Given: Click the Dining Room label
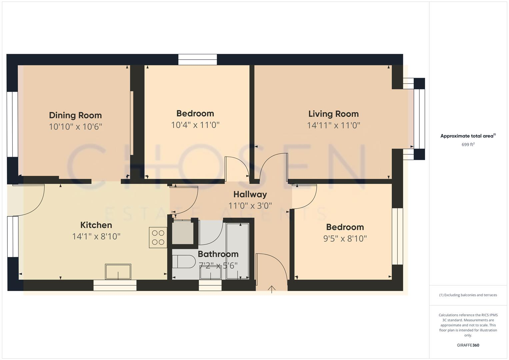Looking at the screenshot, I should [x=75, y=115].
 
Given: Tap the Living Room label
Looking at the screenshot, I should [x=333, y=114].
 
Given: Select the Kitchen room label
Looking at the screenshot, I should [x=96, y=225].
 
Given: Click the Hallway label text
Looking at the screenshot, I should [x=250, y=194].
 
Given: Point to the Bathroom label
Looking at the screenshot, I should [x=218, y=254].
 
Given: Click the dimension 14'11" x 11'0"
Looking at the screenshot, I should [x=333, y=125].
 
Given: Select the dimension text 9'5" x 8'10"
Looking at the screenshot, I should [x=345, y=239].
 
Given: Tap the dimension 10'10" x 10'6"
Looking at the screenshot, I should [x=75, y=127].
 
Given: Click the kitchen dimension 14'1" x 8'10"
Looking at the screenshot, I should [x=96, y=237].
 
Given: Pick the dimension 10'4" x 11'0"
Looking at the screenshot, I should [x=195, y=125].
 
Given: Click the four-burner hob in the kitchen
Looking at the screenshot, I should [x=158, y=237].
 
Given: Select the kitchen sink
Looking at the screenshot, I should [x=118, y=272].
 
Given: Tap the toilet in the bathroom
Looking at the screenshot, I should [x=183, y=262].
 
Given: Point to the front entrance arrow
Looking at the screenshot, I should [x=272, y=289].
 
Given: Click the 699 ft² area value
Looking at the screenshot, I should [x=468, y=145].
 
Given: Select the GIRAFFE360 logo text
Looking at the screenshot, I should [x=468, y=345].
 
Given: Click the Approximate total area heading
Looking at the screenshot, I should [x=468, y=136].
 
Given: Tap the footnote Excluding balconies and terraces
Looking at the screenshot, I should [x=468, y=295].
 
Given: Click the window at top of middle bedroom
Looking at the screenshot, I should [x=197, y=60].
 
